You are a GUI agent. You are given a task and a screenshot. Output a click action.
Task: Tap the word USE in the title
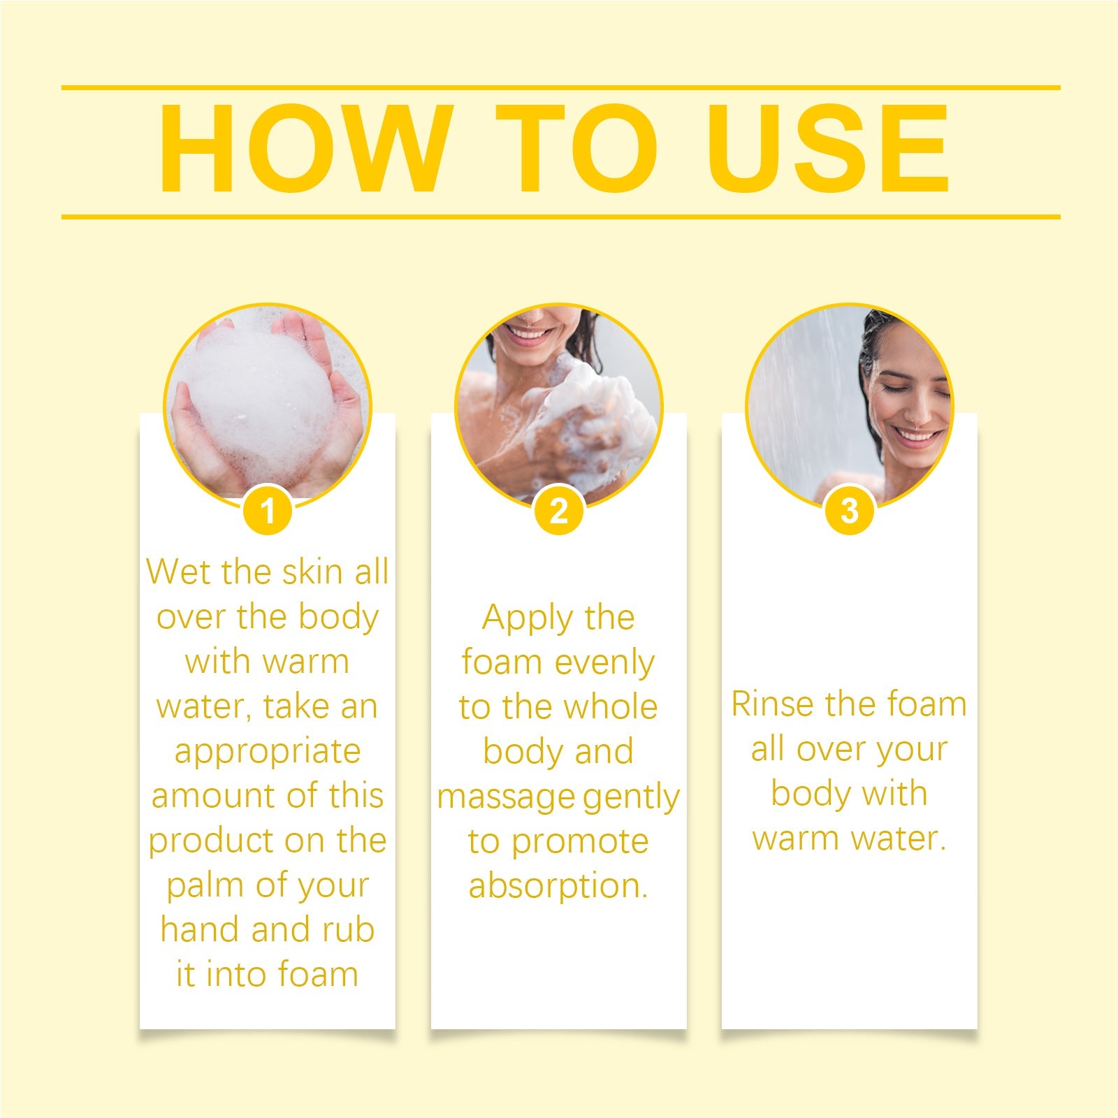point(828,149)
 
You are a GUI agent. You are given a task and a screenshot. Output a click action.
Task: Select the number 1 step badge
point(268,511)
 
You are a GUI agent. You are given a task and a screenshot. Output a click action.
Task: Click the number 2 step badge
point(558,511)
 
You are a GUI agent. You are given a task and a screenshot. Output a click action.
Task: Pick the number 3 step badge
point(849,511)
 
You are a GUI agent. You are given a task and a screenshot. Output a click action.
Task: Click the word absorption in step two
point(558,887)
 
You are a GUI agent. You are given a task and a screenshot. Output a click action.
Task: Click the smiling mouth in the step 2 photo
point(529,334)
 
